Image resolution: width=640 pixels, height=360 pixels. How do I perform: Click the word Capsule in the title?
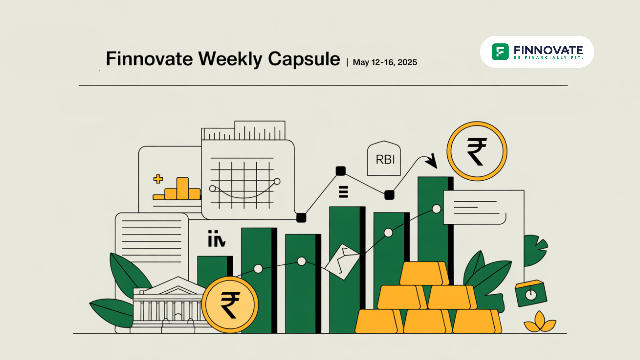(x=304, y=59)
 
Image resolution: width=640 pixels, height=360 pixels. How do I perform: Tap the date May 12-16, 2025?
(x=385, y=62)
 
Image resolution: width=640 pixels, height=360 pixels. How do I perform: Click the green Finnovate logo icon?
(x=500, y=52)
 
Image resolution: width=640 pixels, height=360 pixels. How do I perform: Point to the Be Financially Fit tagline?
(x=548, y=57)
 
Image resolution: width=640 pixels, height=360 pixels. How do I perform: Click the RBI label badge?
(x=384, y=158)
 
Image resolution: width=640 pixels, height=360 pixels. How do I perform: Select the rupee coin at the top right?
(x=477, y=151)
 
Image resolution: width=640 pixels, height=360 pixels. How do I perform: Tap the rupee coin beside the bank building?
(x=230, y=305)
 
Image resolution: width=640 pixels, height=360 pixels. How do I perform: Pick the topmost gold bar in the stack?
(x=424, y=273)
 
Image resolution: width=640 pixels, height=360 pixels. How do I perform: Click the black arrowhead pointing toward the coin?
(x=432, y=161)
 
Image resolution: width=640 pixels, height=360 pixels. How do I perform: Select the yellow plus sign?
(x=158, y=179)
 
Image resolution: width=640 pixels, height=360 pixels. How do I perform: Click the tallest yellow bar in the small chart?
(x=182, y=188)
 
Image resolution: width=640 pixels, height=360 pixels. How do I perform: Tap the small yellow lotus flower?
(x=540, y=322)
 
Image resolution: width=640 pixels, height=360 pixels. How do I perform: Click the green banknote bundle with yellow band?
(x=531, y=293)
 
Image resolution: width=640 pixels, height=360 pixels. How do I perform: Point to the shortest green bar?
(x=215, y=271)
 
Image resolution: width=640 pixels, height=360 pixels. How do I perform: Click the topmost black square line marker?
(x=341, y=171)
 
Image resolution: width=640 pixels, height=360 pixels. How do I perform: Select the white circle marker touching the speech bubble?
(x=436, y=209)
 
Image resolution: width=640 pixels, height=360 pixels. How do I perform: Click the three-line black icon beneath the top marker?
(x=343, y=192)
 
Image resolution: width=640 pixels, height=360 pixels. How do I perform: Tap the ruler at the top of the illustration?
(x=243, y=131)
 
